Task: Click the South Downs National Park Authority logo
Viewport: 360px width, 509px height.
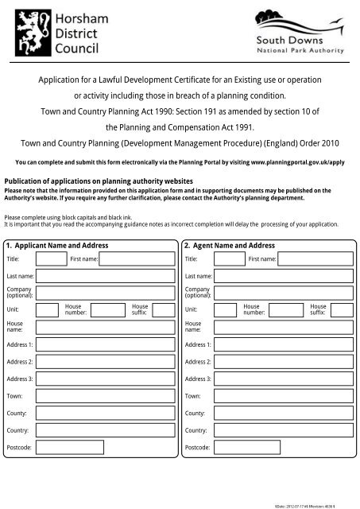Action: pos(299,33)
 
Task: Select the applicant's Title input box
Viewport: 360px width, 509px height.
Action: pos(48,258)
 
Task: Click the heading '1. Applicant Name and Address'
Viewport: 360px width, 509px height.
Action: pos(56,246)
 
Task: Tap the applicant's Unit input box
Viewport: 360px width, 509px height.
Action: pos(48,309)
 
